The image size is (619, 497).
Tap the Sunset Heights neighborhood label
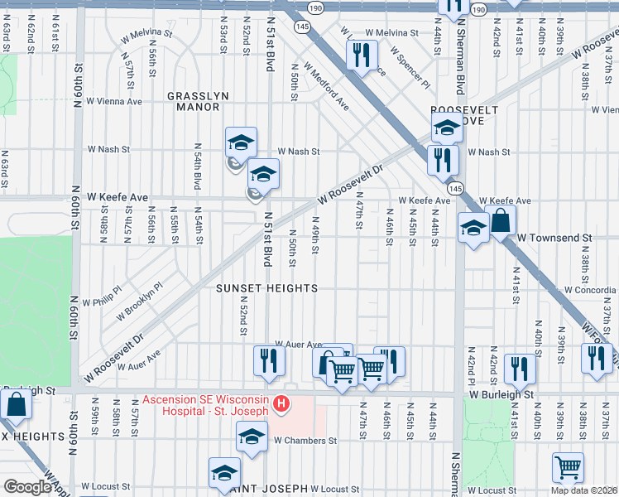[x=266, y=288]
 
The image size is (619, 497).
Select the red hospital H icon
[x=281, y=403]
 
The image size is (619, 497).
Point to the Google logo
[x=27, y=487]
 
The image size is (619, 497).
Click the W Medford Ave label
[x=326, y=91]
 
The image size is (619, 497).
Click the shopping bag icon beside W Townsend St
[x=501, y=221]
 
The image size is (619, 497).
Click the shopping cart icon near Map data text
[x=568, y=467]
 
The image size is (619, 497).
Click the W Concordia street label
[x=590, y=290]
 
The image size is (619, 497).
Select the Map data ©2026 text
[x=583, y=490]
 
